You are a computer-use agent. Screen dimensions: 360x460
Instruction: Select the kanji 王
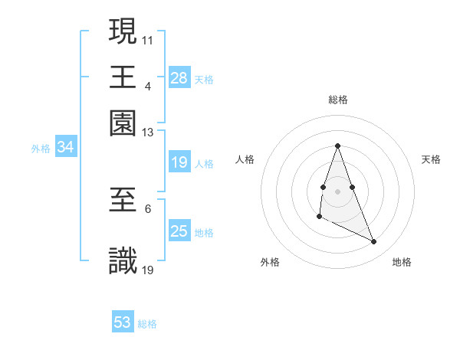[x=123, y=76]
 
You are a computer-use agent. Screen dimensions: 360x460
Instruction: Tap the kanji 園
[x=123, y=122]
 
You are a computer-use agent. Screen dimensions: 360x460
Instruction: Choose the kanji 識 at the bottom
[x=123, y=260]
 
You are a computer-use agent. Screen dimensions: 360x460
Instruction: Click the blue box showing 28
[x=179, y=78]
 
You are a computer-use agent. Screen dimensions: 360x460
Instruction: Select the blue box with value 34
[x=66, y=147]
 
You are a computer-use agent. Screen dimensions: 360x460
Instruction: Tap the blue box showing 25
[x=179, y=231]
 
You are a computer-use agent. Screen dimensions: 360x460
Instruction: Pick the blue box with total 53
[x=123, y=322]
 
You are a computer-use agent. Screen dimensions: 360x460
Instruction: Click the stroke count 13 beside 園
[x=148, y=133]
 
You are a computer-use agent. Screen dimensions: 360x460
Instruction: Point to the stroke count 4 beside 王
[x=147, y=87]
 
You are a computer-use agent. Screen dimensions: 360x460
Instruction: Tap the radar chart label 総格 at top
[x=337, y=100]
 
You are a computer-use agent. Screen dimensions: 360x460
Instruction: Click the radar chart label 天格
[x=431, y=159]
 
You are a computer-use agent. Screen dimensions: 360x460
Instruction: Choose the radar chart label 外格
[x=270, y=262]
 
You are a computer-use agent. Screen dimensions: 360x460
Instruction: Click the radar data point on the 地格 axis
[x=374, y=241]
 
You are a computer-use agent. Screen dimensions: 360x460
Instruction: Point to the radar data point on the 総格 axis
[x=337, y=146]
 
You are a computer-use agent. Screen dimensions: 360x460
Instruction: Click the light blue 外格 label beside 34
[x=40, y=149]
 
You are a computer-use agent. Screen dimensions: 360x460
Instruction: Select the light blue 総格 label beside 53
[x=147, y=324]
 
